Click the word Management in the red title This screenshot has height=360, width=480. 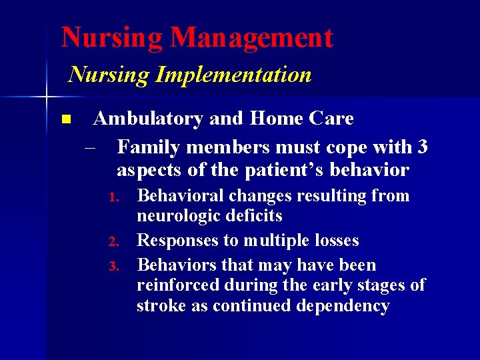coord(251,38)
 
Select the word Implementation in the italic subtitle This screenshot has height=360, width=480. coord(233,75)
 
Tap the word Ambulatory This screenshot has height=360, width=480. coord(148,119)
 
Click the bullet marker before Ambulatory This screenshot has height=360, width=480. coord(65,120)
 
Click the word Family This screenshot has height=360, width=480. coord(146,146)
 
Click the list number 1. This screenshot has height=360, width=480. coord(114,197)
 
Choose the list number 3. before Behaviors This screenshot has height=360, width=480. coord(114,267)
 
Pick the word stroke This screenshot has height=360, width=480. coord(158,306)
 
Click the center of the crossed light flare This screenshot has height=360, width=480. coord(47,98)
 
